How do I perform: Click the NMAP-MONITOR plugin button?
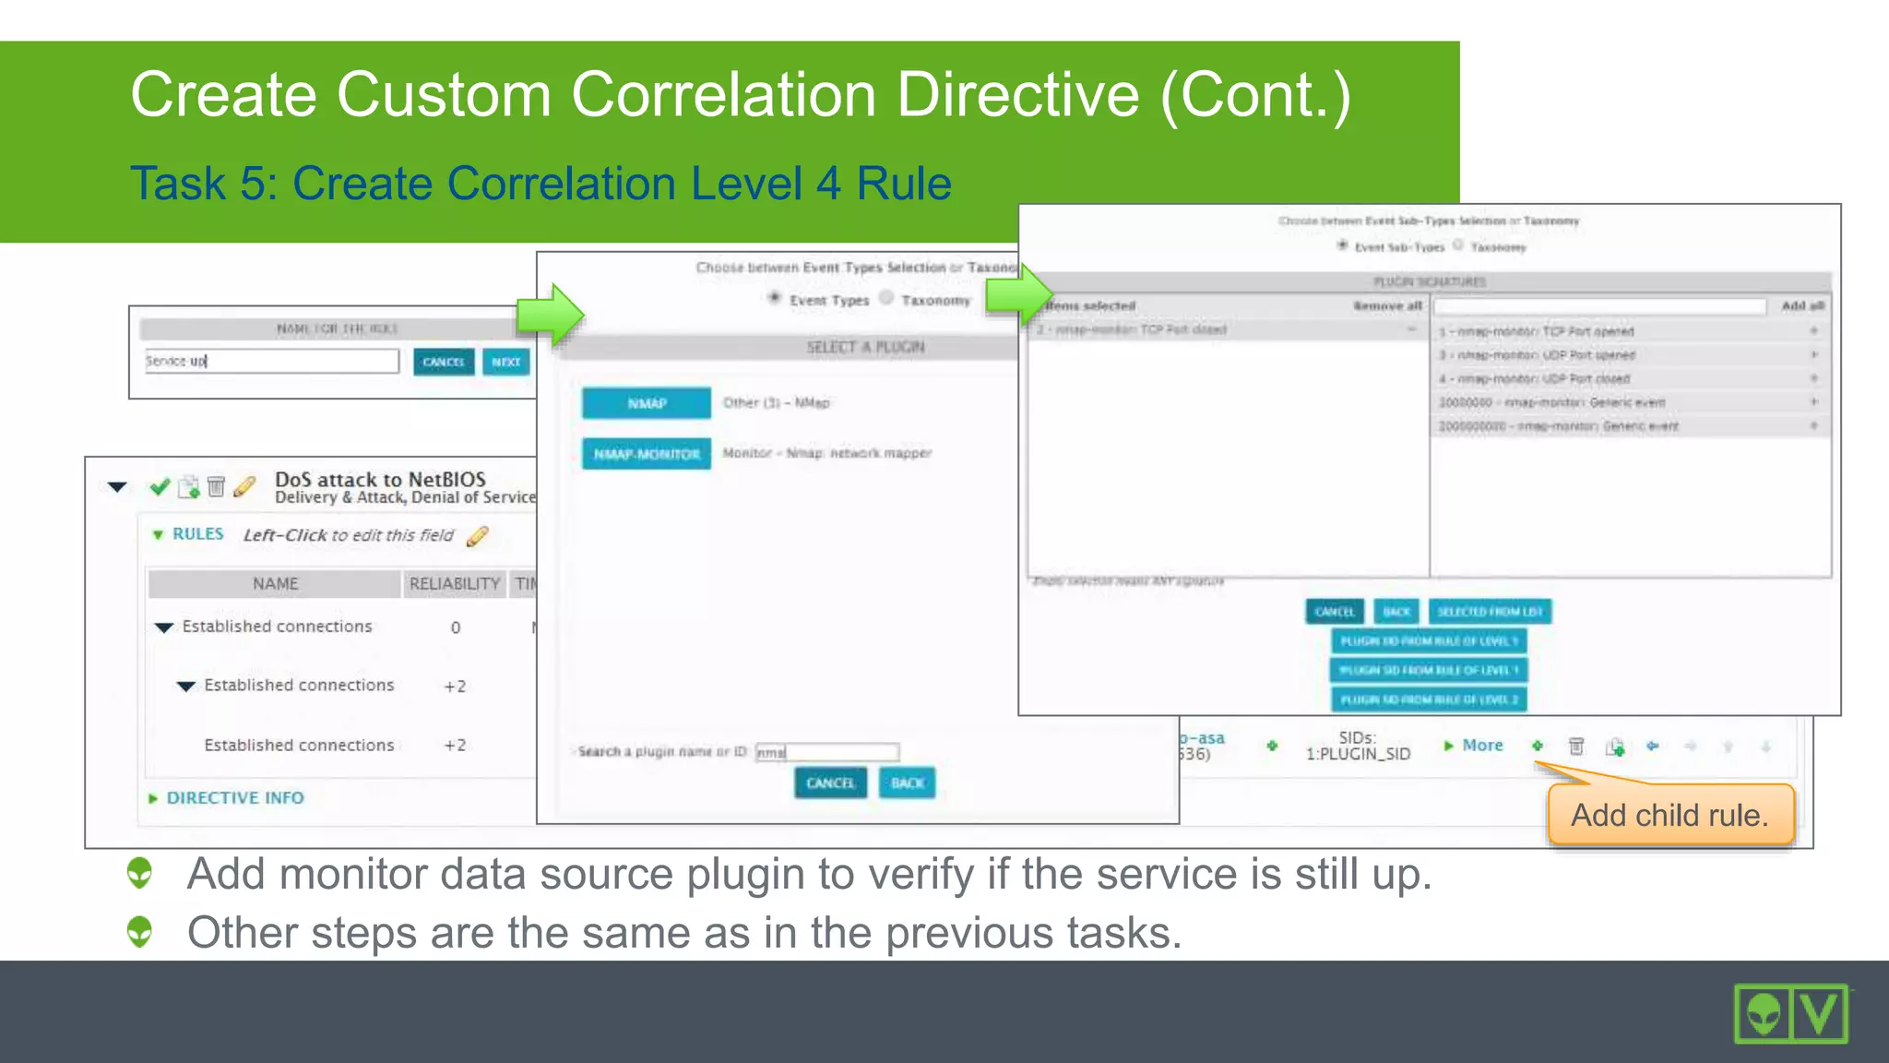pyautogui.click(x=646, y=454)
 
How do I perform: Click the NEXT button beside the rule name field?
pyautogui.click(x=505, y=362)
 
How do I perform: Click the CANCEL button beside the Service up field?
pyautogui.click(x=443, y=362)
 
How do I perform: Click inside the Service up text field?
pyautogui.click(x=271, y=361)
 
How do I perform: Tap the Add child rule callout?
pyautogui.click(x=1669, y=815)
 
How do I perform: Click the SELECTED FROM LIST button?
pyautogui.click(x=1490, y=611)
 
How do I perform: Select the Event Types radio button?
pyautogui.click(x=775, y=297)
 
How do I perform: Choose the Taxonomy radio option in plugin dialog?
pyautogui.click(x=886, y=297)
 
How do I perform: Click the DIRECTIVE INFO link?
pyautogui.click(x=234, y=798)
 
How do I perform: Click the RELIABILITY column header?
pyautogui.click(x=454, y=584)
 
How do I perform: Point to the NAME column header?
pyautogui.click(x=275, y=584)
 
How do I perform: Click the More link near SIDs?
pyautogui.click(x=1481, y=746)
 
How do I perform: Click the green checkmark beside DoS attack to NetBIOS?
pyautogui.click(x=160, y=486)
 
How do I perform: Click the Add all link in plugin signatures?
pyautogui.click(x=1801, y=305)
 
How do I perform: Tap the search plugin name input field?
pyautogui.click(x=826, y=752)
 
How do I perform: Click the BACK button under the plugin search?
pyautogui.click(x=907, y=782)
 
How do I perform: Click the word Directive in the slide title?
pyautogui.click(x=1017, y=95)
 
